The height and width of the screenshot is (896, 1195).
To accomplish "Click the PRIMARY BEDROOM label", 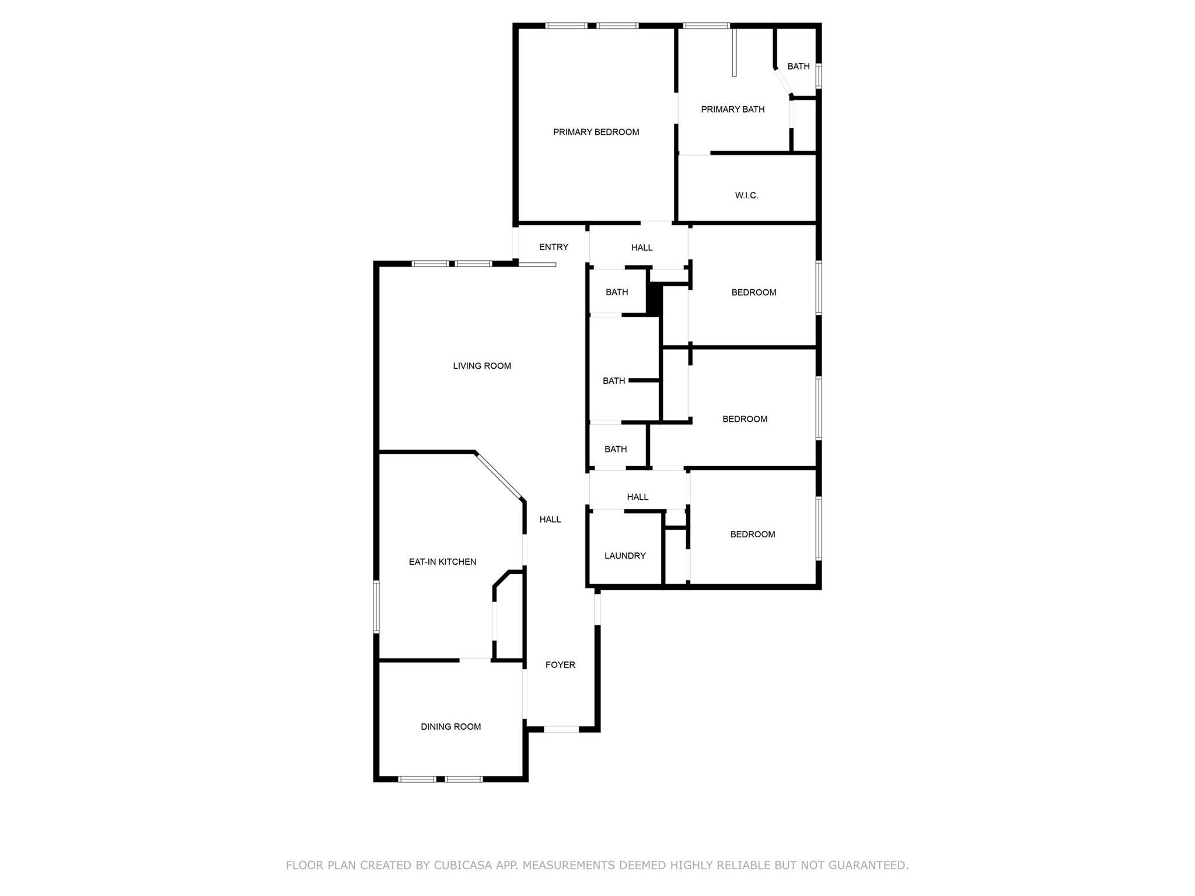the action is pos(596,132).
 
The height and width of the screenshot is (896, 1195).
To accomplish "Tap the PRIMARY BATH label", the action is pos(732,110).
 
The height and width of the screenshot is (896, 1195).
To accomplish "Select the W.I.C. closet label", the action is pos(746,196).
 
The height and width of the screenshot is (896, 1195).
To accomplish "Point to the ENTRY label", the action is pos(553,247).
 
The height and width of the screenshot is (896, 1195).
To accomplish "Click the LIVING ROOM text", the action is pos(482,366).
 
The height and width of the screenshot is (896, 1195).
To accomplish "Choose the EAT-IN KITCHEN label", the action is pos(442,562).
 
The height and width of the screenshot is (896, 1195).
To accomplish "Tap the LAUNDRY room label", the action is pos(625,556).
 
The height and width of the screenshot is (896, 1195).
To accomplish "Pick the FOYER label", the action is pos(560,665).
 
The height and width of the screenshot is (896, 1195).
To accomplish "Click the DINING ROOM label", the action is pos(450,727).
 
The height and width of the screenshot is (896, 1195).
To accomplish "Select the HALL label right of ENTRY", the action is pos(642,248).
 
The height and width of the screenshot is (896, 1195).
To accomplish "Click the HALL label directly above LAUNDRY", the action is pos(638,498).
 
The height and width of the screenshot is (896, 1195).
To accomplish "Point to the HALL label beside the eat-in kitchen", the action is pos(550,520).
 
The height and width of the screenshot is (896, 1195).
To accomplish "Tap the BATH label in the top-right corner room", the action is pos(798,66).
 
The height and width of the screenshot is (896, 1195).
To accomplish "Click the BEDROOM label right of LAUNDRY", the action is pos(753,535).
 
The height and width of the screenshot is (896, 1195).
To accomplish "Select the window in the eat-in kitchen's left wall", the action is pos(376,607).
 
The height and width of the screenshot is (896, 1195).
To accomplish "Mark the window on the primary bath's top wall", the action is pos(706,26).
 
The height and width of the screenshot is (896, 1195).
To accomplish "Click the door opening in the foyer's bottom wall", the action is pos(561,729).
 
